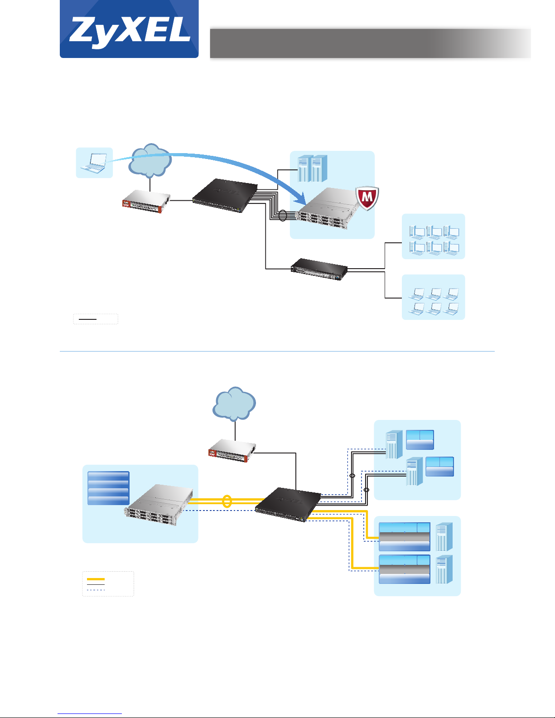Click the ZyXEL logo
pyautogui.click(x=129, y=29)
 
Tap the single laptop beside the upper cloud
pyautogui.click(x=94, y=163)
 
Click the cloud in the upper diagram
pyautogui.click(x=150, y=160)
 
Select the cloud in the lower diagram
pyautogui.click(x=234, y=404)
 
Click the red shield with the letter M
pyautogui.click(x=367, y=198)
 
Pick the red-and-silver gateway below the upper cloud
pyautogui.click(x=146, y=202)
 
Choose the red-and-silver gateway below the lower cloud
pyautogui.click(x=232, y=450)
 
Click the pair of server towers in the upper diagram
pyautogui.click(x=313, y=169)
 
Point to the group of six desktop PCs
pyautogui.click(x=434, y=240)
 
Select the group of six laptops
pyautogui.click(x=434, y=301)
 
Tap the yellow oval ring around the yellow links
pyautogui.click(x=227, y=501)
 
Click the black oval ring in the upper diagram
pyautogui.click(x=283, y=216)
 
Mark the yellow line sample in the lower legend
pyautogui.click(x=96, y=579)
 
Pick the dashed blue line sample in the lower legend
pyautogui.click(x=96, y=590)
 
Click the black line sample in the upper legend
pyautogui.click(x=87, y=319)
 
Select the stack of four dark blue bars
pyautogui.click(x=108, y=488)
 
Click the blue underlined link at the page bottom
pyautogui.click(x=90, y=713)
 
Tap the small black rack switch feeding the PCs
pyautogui.click(x=319, y=269)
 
